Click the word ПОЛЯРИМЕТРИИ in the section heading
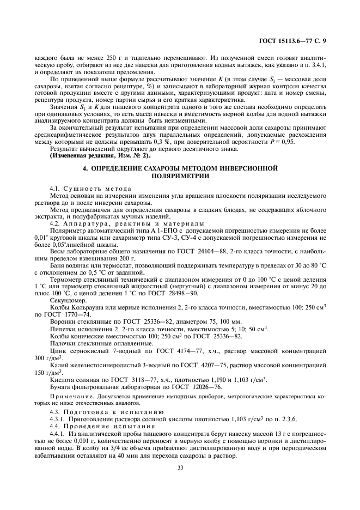click(x=180, y=177)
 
